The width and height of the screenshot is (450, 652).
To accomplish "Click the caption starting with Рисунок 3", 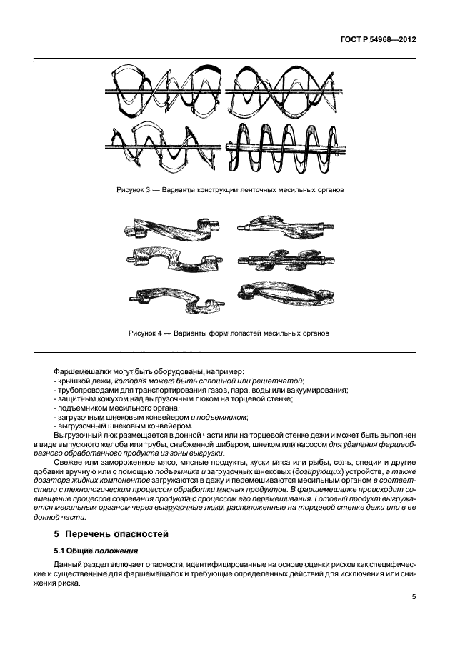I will coord(229,191).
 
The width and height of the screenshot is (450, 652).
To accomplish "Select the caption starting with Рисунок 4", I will coord(229,333).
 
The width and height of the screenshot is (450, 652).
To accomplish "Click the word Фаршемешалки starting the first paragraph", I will coord(82,372).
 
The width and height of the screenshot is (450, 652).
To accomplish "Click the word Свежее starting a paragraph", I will coord(68,462).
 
